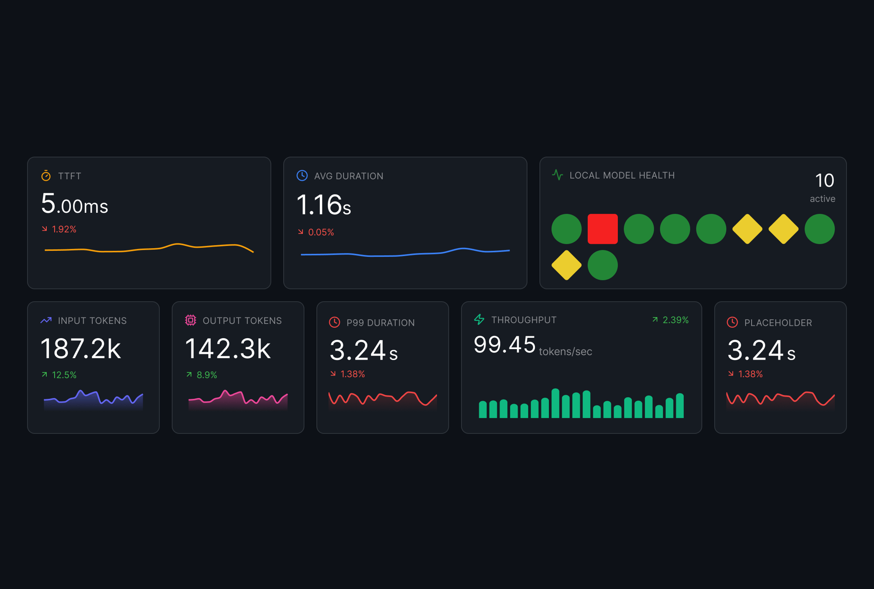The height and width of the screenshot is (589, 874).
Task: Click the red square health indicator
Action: tap(602, 229)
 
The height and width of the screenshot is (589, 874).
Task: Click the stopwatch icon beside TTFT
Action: tap(46, 176)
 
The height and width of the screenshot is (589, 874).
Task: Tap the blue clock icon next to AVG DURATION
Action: tap(302, 176)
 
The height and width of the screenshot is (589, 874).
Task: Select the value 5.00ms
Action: tap(74, 204)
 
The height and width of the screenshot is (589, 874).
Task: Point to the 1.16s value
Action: tap(323, 205)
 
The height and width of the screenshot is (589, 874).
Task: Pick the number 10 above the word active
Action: tap(824, 180)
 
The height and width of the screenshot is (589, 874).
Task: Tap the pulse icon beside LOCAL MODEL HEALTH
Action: tap(557, 175)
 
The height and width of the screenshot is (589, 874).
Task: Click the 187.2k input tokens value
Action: tap(80, 349)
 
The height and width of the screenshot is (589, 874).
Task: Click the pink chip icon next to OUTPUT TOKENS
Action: tap(191, 320)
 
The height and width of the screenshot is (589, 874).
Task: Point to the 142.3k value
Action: tap(228, 349)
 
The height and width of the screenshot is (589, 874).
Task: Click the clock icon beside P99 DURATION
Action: tap(334, 322)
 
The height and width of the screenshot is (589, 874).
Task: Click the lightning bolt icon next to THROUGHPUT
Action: tap(479, 319)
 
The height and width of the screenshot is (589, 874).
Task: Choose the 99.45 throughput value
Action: tap(504, 345)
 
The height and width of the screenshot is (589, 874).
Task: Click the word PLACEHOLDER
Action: tap(778, 323)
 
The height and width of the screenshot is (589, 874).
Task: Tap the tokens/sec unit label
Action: tap(565, 352)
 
